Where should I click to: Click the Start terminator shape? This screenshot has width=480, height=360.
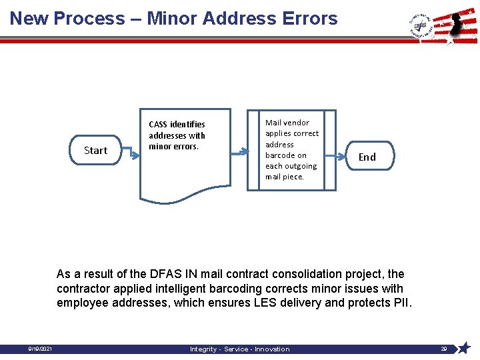pyautogui.click(x=95, y=151)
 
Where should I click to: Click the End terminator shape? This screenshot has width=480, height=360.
pyautogui.click(x=367, y=157)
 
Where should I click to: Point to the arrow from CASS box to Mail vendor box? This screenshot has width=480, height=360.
pyautogui.click(x=239, y=151)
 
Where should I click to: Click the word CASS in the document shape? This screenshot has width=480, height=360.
pyautogui.click(x=158, y=125)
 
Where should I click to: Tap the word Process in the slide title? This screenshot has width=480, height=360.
pyautogui.click(x=89, y=18)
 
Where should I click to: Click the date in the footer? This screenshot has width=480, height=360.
pyautogui.click(x=41, y=349)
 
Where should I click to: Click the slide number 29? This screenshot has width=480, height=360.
pyautogui.click(x=444, y=349)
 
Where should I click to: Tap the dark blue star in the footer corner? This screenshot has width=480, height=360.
pyautogui.click(x=465, y=348)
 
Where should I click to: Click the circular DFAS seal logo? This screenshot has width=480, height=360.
pyautogui.click(x=419, y=25)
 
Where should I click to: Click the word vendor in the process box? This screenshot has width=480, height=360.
pyautogui.click(x=297, y=123)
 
